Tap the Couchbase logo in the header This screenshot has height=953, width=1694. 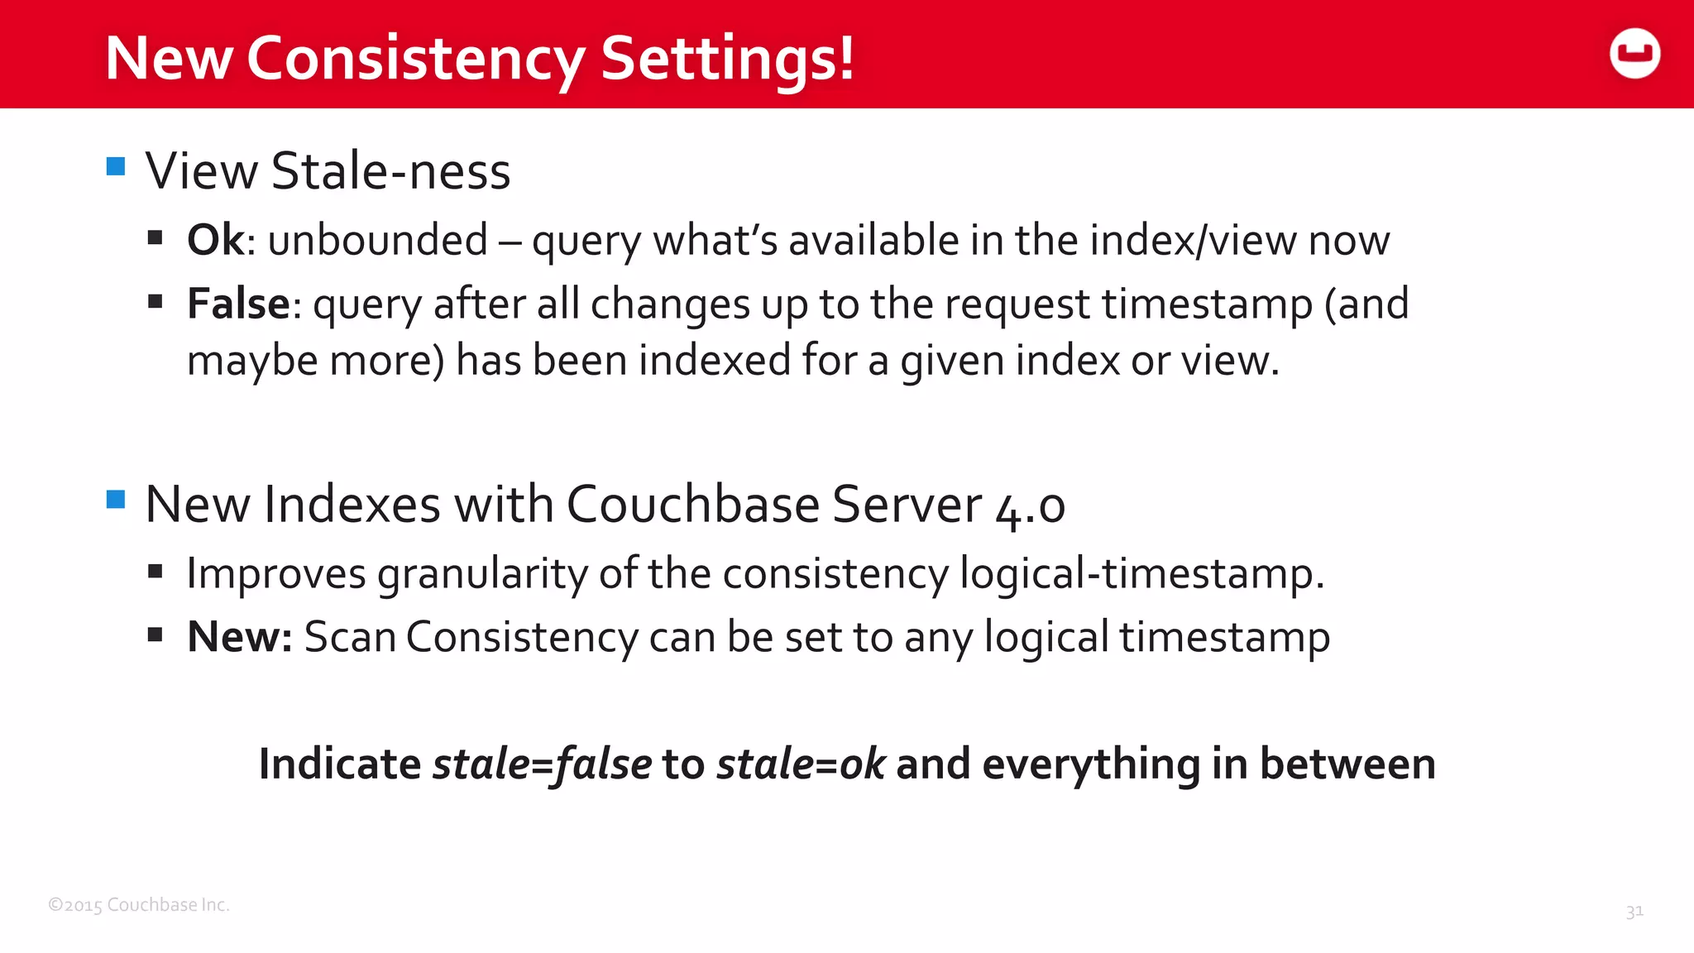tap(1634, 54)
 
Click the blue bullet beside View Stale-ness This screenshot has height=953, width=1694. tap(116, 166)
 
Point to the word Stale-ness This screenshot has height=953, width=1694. tap(390, 171)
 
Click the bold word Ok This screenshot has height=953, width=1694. tap(215, 240)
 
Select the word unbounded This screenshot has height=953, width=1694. tap(378, 240)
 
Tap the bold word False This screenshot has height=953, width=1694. tap(238, 304)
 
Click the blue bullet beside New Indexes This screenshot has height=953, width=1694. tap(116, 499)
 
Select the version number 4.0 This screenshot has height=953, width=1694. tap(1030, 505)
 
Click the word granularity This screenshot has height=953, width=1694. tap(483, 573)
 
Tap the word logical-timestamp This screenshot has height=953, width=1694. tap(1141, 573)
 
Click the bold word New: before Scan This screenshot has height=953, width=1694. tap(239, 637)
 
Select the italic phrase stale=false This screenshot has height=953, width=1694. tap(542, 764)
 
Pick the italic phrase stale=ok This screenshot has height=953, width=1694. tap(801, 764)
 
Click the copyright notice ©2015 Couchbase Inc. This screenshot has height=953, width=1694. tap(139, 905)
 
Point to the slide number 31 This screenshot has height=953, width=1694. tap(1634, 912)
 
